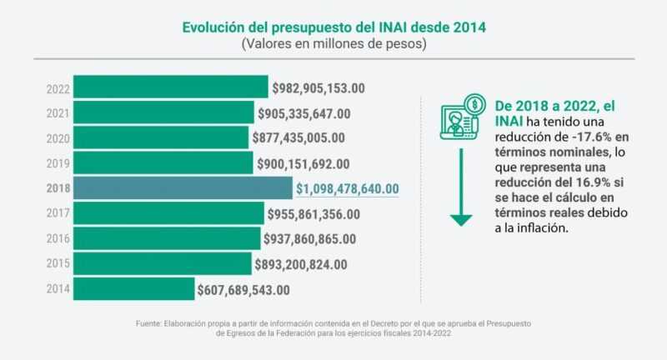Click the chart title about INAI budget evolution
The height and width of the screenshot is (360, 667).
tap(333, 27)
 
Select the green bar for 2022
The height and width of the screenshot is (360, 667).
tap(171, 87)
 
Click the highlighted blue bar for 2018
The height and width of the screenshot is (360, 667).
tap(183, 188)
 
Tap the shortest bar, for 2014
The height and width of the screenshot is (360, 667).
tap(134, 289)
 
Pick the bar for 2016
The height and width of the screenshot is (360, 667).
tap(167, 239)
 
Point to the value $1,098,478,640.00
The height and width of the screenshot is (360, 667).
tap(348, 189)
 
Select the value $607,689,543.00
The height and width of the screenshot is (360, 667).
tap(243, 290)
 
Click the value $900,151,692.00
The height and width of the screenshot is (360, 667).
tap(303, 164)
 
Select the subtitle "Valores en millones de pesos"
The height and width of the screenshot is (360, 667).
tap(333, 44)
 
